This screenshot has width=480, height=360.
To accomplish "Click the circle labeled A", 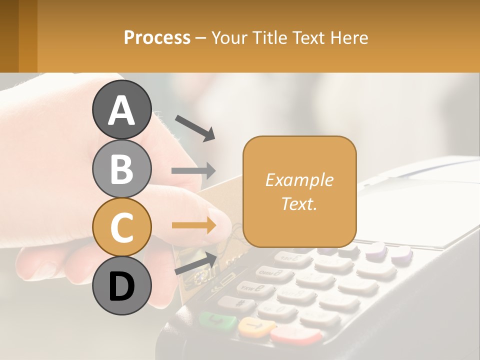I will [x=121, y=109].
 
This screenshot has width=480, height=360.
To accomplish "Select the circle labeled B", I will [x=121, y=168].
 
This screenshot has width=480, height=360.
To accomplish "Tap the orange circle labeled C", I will [x=121, y=227].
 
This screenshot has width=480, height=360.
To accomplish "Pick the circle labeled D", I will [x=121, y=285].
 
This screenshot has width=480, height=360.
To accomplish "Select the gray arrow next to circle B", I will [x=193, y=171].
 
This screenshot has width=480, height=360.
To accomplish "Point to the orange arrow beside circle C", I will [x=193, y=225].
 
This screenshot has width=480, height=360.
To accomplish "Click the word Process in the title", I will [x=157, y=37].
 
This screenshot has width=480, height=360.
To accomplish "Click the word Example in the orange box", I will [x=299, y=180].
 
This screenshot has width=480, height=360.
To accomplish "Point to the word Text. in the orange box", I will [x=299, y=203].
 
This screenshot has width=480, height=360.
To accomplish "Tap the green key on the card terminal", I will [x=217, y=320].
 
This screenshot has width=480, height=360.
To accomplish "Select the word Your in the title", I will [x=229, y=37].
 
